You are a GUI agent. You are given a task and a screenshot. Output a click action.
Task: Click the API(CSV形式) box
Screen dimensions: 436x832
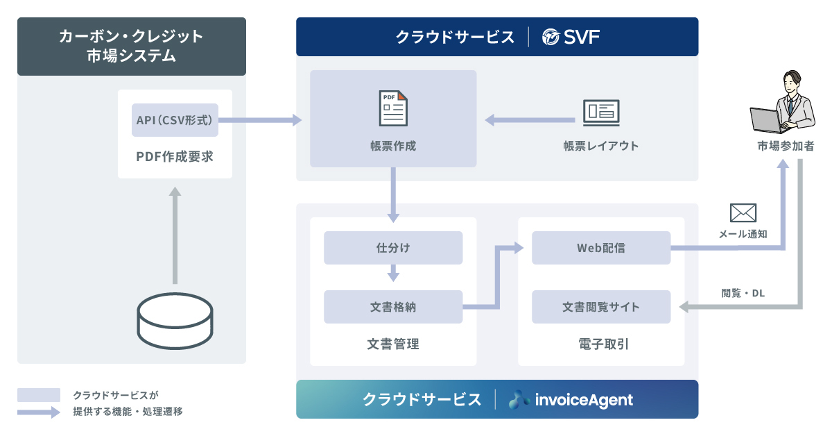pyautogui.click(x=175, y=120)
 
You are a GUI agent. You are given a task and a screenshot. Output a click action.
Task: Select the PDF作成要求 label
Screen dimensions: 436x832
pyautogui.click(x=175, y=157)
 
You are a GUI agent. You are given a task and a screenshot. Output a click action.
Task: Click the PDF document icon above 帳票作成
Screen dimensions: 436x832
pyautogui.click(x=393, y=108)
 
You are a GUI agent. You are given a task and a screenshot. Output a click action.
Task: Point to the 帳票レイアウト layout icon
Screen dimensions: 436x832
pyautogui.click(x=600, y=112)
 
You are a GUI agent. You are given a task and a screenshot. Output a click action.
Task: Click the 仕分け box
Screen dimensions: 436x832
pyautogui.click(x=393, y=248)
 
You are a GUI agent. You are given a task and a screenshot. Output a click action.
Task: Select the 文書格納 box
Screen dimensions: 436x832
pyautogui.click(x=393, y=306)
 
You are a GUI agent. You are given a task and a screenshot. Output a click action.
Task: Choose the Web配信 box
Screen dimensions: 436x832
pyautogui.click(x=601, y=248)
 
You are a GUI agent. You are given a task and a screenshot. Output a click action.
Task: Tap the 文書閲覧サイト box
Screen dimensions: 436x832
pyautogui.click(x=601, y=306)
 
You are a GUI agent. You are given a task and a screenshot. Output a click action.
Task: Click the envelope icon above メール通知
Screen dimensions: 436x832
pyautogui.click(x=743, y=212)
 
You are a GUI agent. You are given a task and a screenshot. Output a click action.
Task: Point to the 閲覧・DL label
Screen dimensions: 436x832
pyautogui.click(x=743, y=293)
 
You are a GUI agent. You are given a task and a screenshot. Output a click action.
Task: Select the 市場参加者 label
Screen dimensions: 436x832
pyautogui.click(x=786, y=146)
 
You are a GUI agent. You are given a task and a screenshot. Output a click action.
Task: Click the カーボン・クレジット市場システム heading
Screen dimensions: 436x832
pyautogui.click(x=132, y=46)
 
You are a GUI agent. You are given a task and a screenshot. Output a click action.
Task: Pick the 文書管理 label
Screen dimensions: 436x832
pyautogui.click(x=393, y=344)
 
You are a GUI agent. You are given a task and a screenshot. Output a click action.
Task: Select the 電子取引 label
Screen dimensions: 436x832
pyautogui.click(x=601, y=344)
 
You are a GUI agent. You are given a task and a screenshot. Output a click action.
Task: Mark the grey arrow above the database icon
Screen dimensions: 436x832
pyautogui.click(x=175, y=236)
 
